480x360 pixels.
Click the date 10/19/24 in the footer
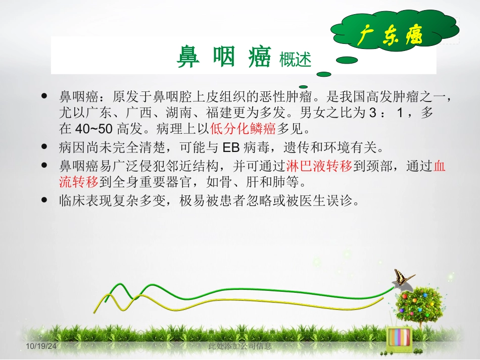click(x=41, y=347)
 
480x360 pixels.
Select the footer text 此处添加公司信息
click(x=240, y=346)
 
